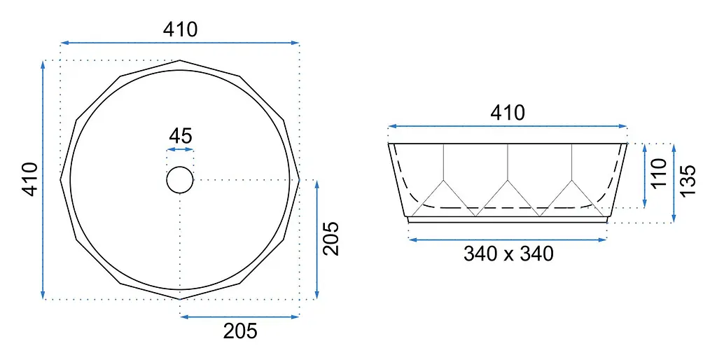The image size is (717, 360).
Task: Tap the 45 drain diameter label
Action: tap(181, 136)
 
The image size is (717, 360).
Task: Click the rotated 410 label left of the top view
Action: tap(31, 179)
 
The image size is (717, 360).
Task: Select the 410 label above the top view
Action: tap(181, 29)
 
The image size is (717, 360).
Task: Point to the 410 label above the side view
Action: tap(508, 113)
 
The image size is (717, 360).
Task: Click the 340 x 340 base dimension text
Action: tap(508, 253)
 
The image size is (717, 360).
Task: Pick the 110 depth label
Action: tap(659, 174)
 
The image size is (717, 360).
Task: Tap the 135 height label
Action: tap(688, 181)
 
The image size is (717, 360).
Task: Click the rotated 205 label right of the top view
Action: tap(331, 238)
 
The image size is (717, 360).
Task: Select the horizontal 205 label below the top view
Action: tap(240, 331)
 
